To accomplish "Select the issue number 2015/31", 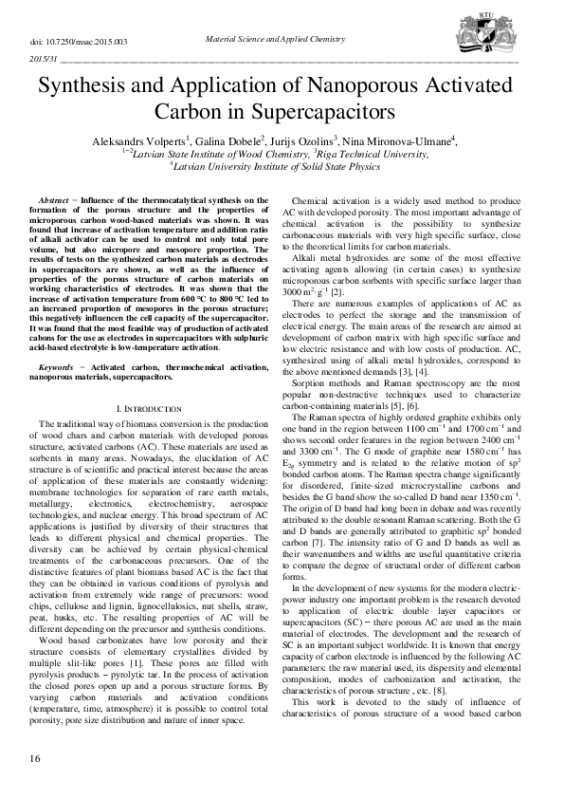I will (45, 59).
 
